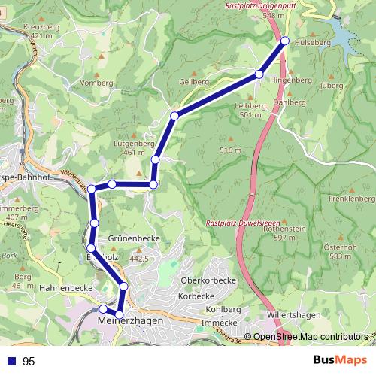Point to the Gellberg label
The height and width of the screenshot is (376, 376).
pyautogui.click(x=194, y=80)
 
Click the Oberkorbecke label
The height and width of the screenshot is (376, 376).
pyautogui.click(x=208, y=280)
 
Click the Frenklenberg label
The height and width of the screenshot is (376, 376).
pyautogui.click(x=351, y=199)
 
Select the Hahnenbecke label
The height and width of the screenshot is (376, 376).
pyautogui.click(x=65, y=287)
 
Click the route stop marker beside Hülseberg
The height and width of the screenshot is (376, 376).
pyautogui.click(x=284, y=41)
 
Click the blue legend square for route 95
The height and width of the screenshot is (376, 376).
pyautogui.click(x=10, y=362)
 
